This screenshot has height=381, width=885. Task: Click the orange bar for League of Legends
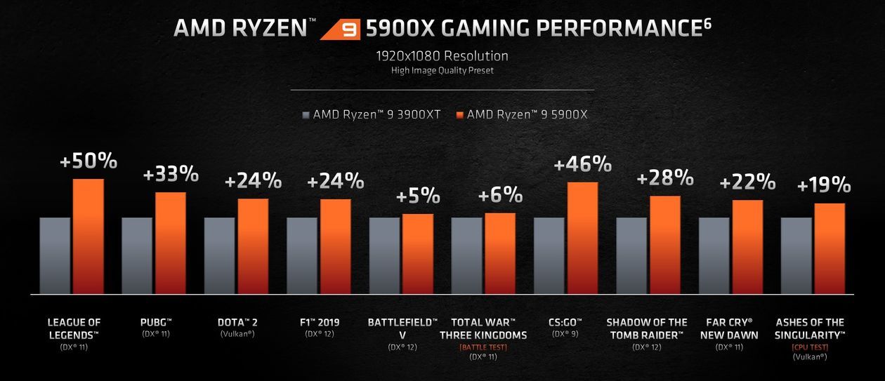click(88, 236)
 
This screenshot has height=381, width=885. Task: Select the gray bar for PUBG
click(137, 255)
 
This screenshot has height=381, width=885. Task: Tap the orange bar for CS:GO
click(583, 237)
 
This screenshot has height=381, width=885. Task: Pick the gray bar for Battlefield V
click(384, 255)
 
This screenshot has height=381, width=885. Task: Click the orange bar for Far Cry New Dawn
click(747, 246)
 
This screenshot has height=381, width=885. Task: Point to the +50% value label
click(88, 161)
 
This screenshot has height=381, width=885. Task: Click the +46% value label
click(583, 164)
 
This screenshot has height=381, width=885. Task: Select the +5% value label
click(418, 196)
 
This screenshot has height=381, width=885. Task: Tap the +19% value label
click(824, 186)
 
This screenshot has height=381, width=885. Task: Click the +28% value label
click(665, 178)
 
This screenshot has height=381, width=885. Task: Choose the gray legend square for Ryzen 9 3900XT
click(306, 114)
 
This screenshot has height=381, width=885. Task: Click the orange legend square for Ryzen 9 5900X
click(459, 114)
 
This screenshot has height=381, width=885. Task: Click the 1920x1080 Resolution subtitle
click(442, 55)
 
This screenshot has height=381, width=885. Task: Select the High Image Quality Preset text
click(442, 70)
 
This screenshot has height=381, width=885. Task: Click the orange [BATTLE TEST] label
click(483, 347)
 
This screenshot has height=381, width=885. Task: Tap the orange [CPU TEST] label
click(810, 347)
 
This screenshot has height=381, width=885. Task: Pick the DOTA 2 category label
click(237, 323)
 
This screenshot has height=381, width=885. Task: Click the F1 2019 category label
click(320, 323)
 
